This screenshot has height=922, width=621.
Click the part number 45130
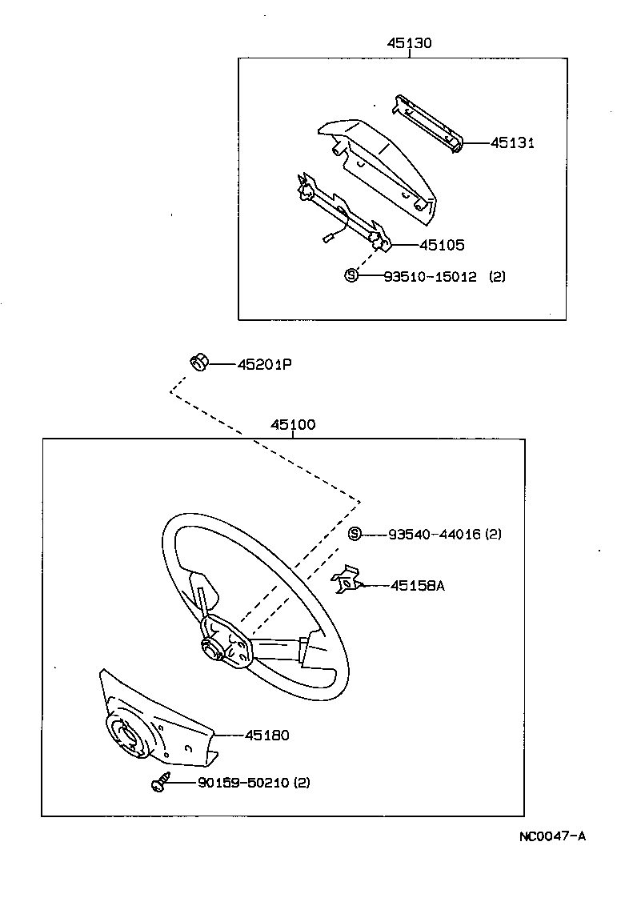[409, 43]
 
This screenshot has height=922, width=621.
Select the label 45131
[512, 143]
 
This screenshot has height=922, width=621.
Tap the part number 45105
[442, 245]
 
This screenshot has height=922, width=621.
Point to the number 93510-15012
[431, 276]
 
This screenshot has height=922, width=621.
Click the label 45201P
[265, 365]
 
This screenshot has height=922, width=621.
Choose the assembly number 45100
[293, 424]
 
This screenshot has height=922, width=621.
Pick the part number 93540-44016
[435, 534]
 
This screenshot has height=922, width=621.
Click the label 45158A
[418, 586]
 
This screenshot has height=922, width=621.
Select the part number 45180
[267, 735]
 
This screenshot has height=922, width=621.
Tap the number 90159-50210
[243, 783]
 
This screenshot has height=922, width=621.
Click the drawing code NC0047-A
[552, 836]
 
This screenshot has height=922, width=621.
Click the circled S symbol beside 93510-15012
[351, 275]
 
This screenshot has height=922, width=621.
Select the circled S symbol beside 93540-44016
[354, 533]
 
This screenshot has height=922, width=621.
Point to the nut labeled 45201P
[198, 363]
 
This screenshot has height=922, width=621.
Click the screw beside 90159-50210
[161, 782]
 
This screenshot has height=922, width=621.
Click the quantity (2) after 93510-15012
[497, 276]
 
